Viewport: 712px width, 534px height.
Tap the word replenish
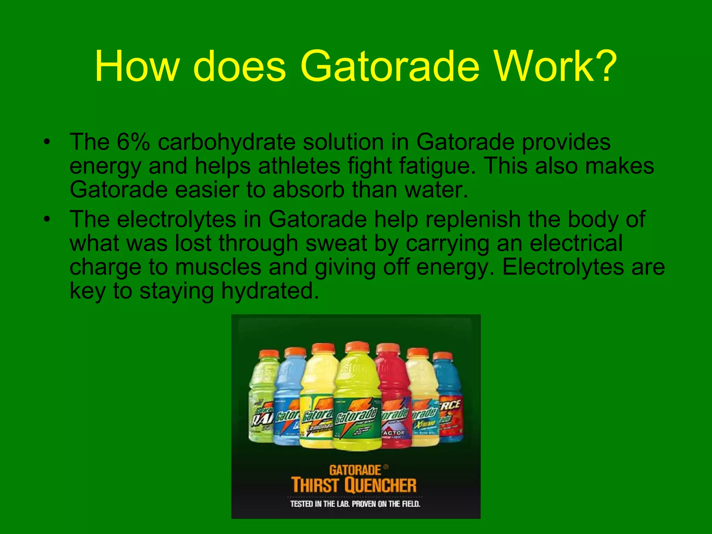point(473,220)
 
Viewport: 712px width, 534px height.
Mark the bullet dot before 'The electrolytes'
point(47,219)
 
